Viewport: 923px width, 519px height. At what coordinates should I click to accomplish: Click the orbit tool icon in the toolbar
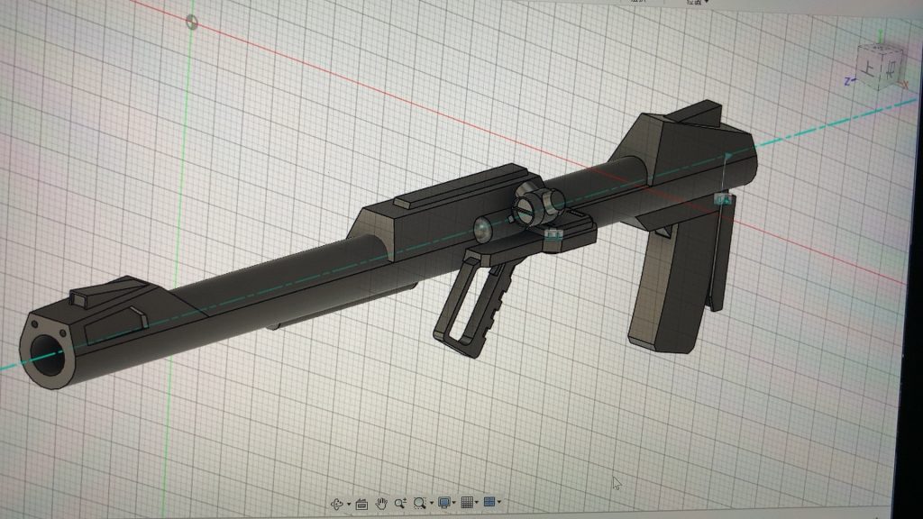pos(338,503)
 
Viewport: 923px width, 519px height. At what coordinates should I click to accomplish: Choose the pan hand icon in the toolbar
pos(381,503)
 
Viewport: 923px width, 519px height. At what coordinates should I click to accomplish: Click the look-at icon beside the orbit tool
pos(361,503)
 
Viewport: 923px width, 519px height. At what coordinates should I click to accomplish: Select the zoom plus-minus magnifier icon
pos(400,503)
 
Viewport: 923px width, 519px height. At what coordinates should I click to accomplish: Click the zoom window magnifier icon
pos(419,503)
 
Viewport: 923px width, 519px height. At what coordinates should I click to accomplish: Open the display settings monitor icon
pos(443,503)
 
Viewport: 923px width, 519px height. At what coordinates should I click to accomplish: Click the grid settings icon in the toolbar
pos(467,503)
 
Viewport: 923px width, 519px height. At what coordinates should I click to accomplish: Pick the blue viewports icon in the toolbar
pos(490,503)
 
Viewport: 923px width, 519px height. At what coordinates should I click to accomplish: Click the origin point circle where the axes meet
pos(191,22)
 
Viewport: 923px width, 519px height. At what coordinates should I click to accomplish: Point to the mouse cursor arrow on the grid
pos(617,483)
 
